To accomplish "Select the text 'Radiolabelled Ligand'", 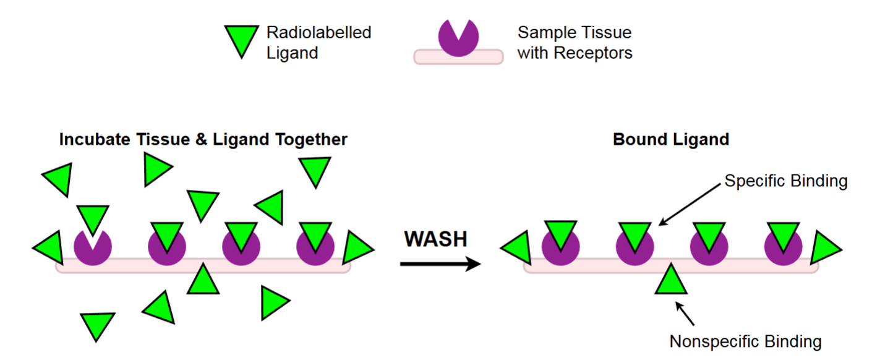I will pyautogui.click(x=318, y=42).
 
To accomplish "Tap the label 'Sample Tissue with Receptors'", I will pyautogui.click(x=575, y=42).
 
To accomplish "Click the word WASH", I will pyautogui.click(x=435, y=239).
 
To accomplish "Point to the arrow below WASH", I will pyautogui.click(x=440, y=264).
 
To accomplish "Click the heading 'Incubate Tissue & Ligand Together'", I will pyautogui.click(x=203, y=139).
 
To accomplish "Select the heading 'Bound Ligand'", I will pyautogui.click(x=670, y=139).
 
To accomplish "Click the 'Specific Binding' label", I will pyautogui.click(x=785, y=181).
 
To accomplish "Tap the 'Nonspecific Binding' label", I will pyautogui.click(x=745, y=341).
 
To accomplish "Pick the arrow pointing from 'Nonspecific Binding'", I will pyautogui.click(x=685, y=313).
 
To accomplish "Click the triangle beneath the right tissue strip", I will pyautogui.click(x=670, y=280).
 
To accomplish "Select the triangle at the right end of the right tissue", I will pyautogui.click(x=824, y=247).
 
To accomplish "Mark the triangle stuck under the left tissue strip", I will pyautogui.click(x=203, y=280).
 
